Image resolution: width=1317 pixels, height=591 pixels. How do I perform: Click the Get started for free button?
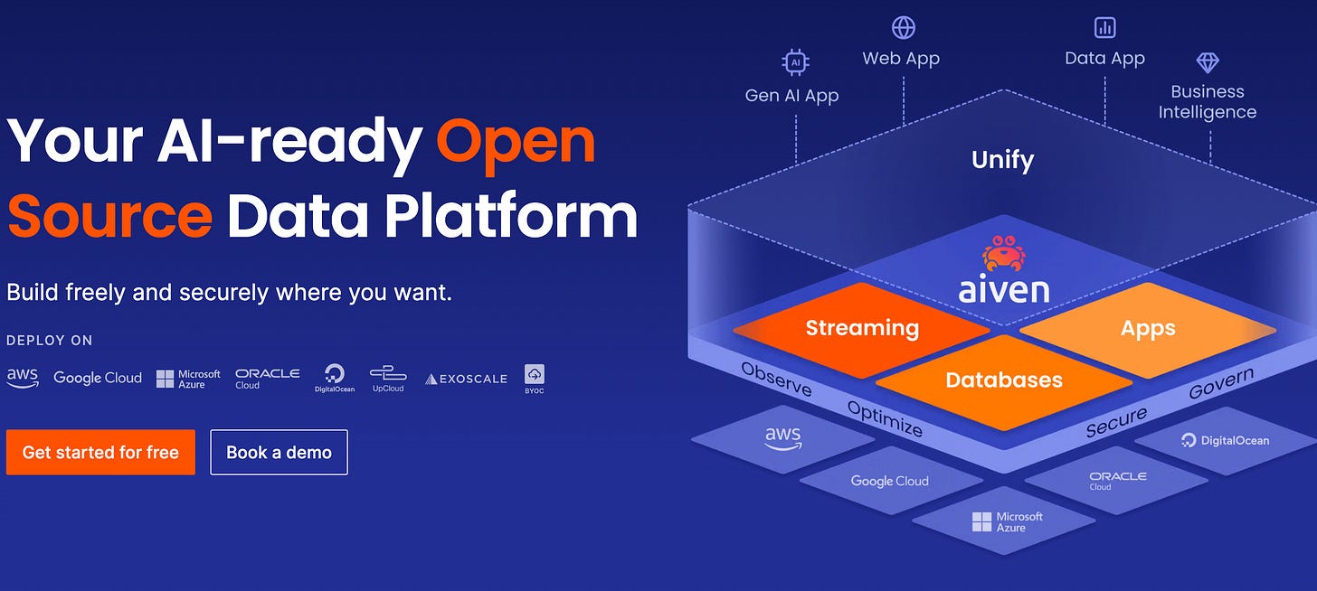(x=100, y=452)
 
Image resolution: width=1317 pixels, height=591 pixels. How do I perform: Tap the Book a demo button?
(x=279, y=452)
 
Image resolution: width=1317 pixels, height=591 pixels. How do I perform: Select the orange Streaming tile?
(x=862, y=328)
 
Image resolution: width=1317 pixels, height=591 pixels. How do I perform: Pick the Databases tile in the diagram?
(x=1004, y=380)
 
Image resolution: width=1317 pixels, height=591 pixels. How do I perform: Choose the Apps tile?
(x=1148, y=328)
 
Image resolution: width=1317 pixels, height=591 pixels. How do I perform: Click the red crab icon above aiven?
(x=1004, y=253)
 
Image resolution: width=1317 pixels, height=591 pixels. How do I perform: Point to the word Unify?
(x=1002, y=160)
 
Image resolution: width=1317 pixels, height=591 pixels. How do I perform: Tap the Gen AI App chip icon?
(x=794, y=62)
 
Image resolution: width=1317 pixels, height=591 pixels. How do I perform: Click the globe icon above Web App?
(x=903, y=28)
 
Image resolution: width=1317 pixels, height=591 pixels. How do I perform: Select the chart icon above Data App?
(x=1104, y=28)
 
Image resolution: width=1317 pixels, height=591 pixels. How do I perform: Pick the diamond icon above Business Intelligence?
(x=1208, y=62)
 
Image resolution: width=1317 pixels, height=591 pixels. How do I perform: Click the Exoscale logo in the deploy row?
(x=466, y=379)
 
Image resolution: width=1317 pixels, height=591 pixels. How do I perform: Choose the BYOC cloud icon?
(x=534, y=375)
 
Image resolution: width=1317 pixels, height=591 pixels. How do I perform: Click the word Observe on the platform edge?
(x=776, y=379)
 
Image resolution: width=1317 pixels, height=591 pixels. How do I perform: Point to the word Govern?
(x=1221, y=383)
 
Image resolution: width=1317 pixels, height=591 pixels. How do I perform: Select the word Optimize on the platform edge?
(x=885, y=418)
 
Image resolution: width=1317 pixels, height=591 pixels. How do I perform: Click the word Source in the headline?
(x=109, y=216)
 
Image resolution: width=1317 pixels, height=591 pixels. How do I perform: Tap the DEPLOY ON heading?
(x=50, y=341)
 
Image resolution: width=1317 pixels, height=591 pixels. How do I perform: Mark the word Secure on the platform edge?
(x=1116, y=422)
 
